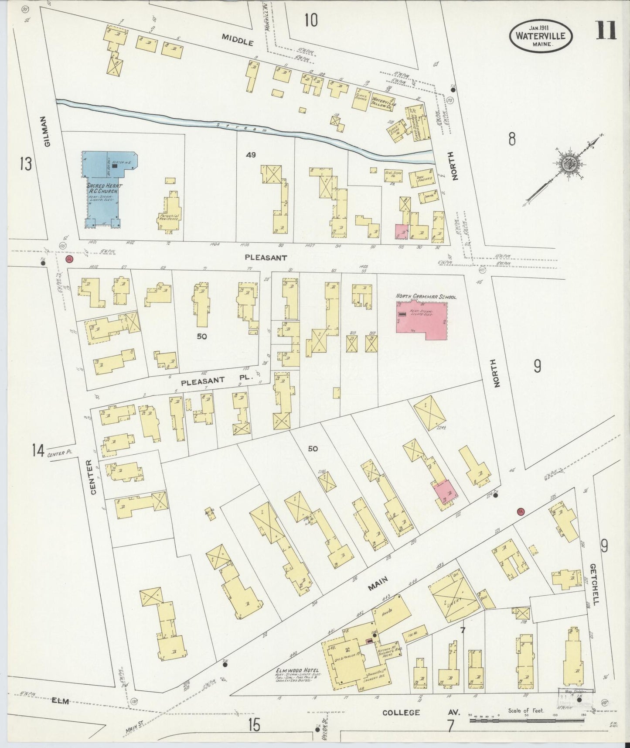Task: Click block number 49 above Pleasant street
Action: pos(250,154)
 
